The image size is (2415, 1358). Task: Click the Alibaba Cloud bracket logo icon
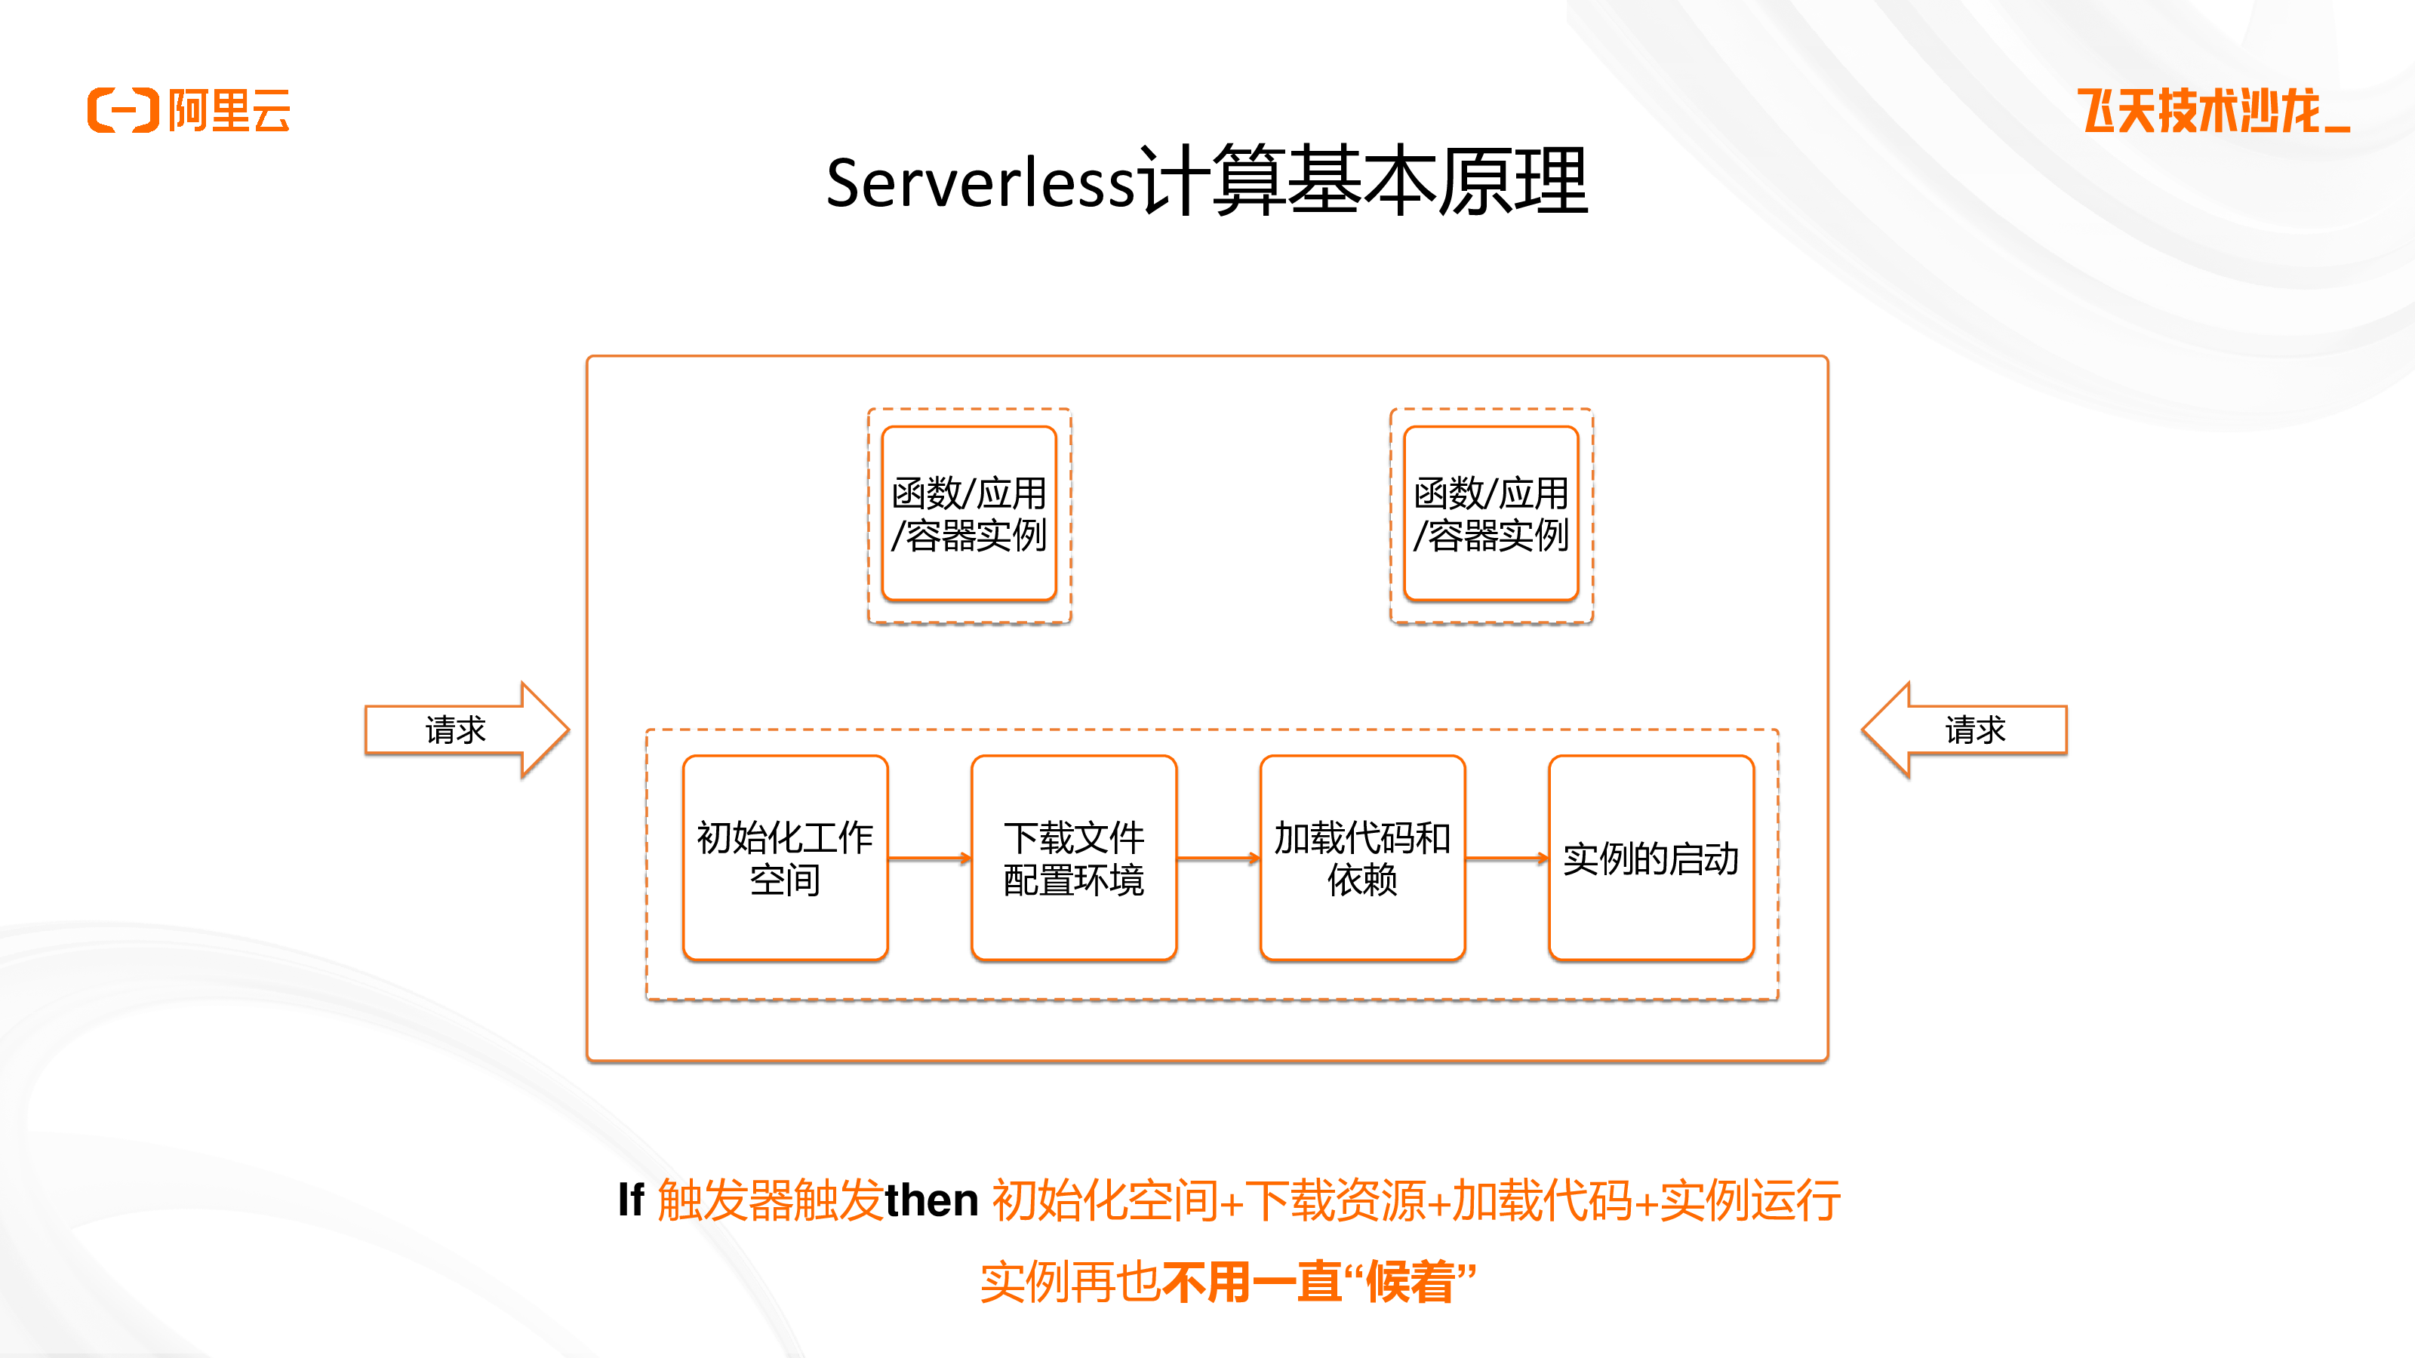123,111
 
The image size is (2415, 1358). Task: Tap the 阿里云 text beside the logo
229,111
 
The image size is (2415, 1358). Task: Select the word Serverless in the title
980,183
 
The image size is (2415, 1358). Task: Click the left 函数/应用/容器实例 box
969,514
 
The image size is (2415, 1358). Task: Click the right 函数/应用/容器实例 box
1491,514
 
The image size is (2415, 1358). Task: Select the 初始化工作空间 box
786,858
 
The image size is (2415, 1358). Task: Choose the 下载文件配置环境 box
1075,858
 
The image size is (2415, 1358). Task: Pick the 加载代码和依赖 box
1363,858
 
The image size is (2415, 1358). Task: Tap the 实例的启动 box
1651,858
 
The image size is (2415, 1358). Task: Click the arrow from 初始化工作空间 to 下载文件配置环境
930,858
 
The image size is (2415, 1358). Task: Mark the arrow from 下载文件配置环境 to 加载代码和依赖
1219,858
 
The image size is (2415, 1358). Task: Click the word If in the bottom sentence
631,1200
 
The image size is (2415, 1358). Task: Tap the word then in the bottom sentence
932,1200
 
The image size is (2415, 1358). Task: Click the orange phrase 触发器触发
770,1200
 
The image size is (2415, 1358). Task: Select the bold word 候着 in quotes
1411,1282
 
